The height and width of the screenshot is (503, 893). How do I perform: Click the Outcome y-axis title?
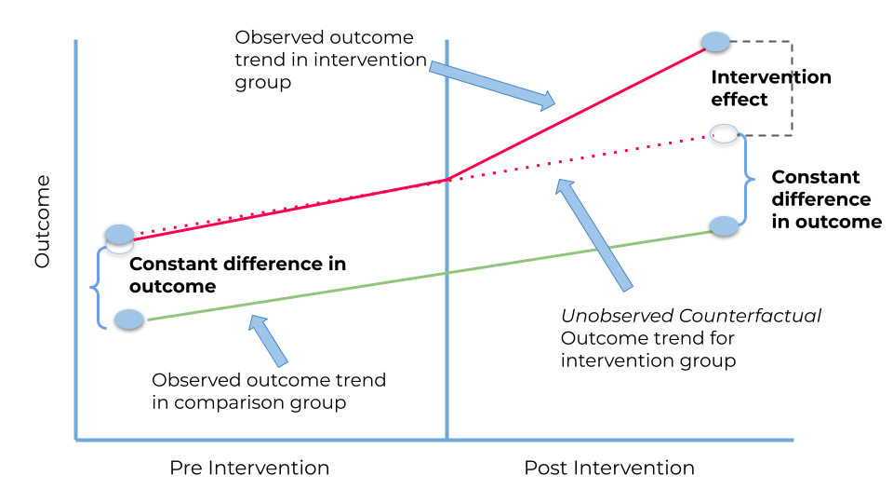pos(43,222)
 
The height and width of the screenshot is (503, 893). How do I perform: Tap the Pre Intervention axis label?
pos(249,468)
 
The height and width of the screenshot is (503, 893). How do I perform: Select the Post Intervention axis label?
pos(608,468)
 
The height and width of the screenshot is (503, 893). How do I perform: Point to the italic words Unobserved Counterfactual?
pos(691,316)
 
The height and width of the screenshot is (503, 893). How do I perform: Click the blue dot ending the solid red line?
pos(715,41)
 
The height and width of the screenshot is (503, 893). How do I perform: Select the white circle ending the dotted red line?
pos(725,133)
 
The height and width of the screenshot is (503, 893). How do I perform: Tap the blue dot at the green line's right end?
pos(724,225)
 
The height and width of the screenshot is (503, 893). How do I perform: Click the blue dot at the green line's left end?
pos(129,319)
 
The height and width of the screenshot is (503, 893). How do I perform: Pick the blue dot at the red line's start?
pos(119,234)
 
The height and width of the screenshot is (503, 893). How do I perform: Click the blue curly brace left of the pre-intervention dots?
pos(96,287)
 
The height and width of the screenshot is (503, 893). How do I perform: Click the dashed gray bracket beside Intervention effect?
pos(790,88)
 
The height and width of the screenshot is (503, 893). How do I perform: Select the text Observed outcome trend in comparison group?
pos(269,391)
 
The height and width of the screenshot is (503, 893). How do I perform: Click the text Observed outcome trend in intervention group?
pos(324,60)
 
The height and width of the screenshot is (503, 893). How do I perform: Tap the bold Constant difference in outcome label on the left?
pos(237,275)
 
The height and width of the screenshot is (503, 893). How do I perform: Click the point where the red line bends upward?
pos(447,178)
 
